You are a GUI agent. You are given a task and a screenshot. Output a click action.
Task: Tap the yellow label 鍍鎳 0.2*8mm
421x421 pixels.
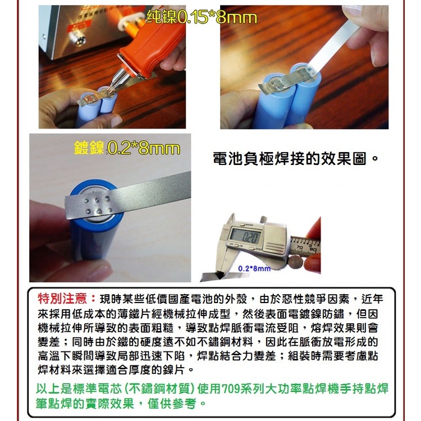(x=127, y=149)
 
